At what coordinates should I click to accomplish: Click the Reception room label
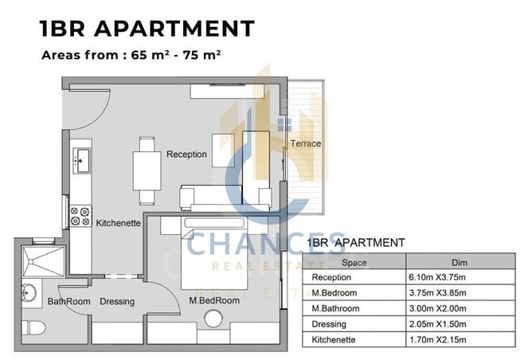186,155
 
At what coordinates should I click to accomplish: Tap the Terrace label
305,143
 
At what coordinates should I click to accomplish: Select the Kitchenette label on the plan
118,223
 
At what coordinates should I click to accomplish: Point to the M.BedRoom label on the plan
214,300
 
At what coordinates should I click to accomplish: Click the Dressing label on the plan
117,301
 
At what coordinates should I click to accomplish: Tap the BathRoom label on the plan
68,301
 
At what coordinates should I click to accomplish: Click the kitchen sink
81,160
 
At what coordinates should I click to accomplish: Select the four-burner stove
80,217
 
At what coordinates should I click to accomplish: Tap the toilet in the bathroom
33,328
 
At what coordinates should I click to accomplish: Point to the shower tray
43,261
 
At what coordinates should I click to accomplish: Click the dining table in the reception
147,170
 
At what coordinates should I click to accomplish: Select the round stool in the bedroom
213,319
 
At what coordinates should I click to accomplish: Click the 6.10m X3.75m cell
437,277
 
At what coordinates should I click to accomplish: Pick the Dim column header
460,262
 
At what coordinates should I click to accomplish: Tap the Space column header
354,262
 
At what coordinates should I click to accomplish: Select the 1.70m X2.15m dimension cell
438,339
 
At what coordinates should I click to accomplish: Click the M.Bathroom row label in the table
335,308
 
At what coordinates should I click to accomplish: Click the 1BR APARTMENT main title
147,28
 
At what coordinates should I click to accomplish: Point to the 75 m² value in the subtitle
201,55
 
